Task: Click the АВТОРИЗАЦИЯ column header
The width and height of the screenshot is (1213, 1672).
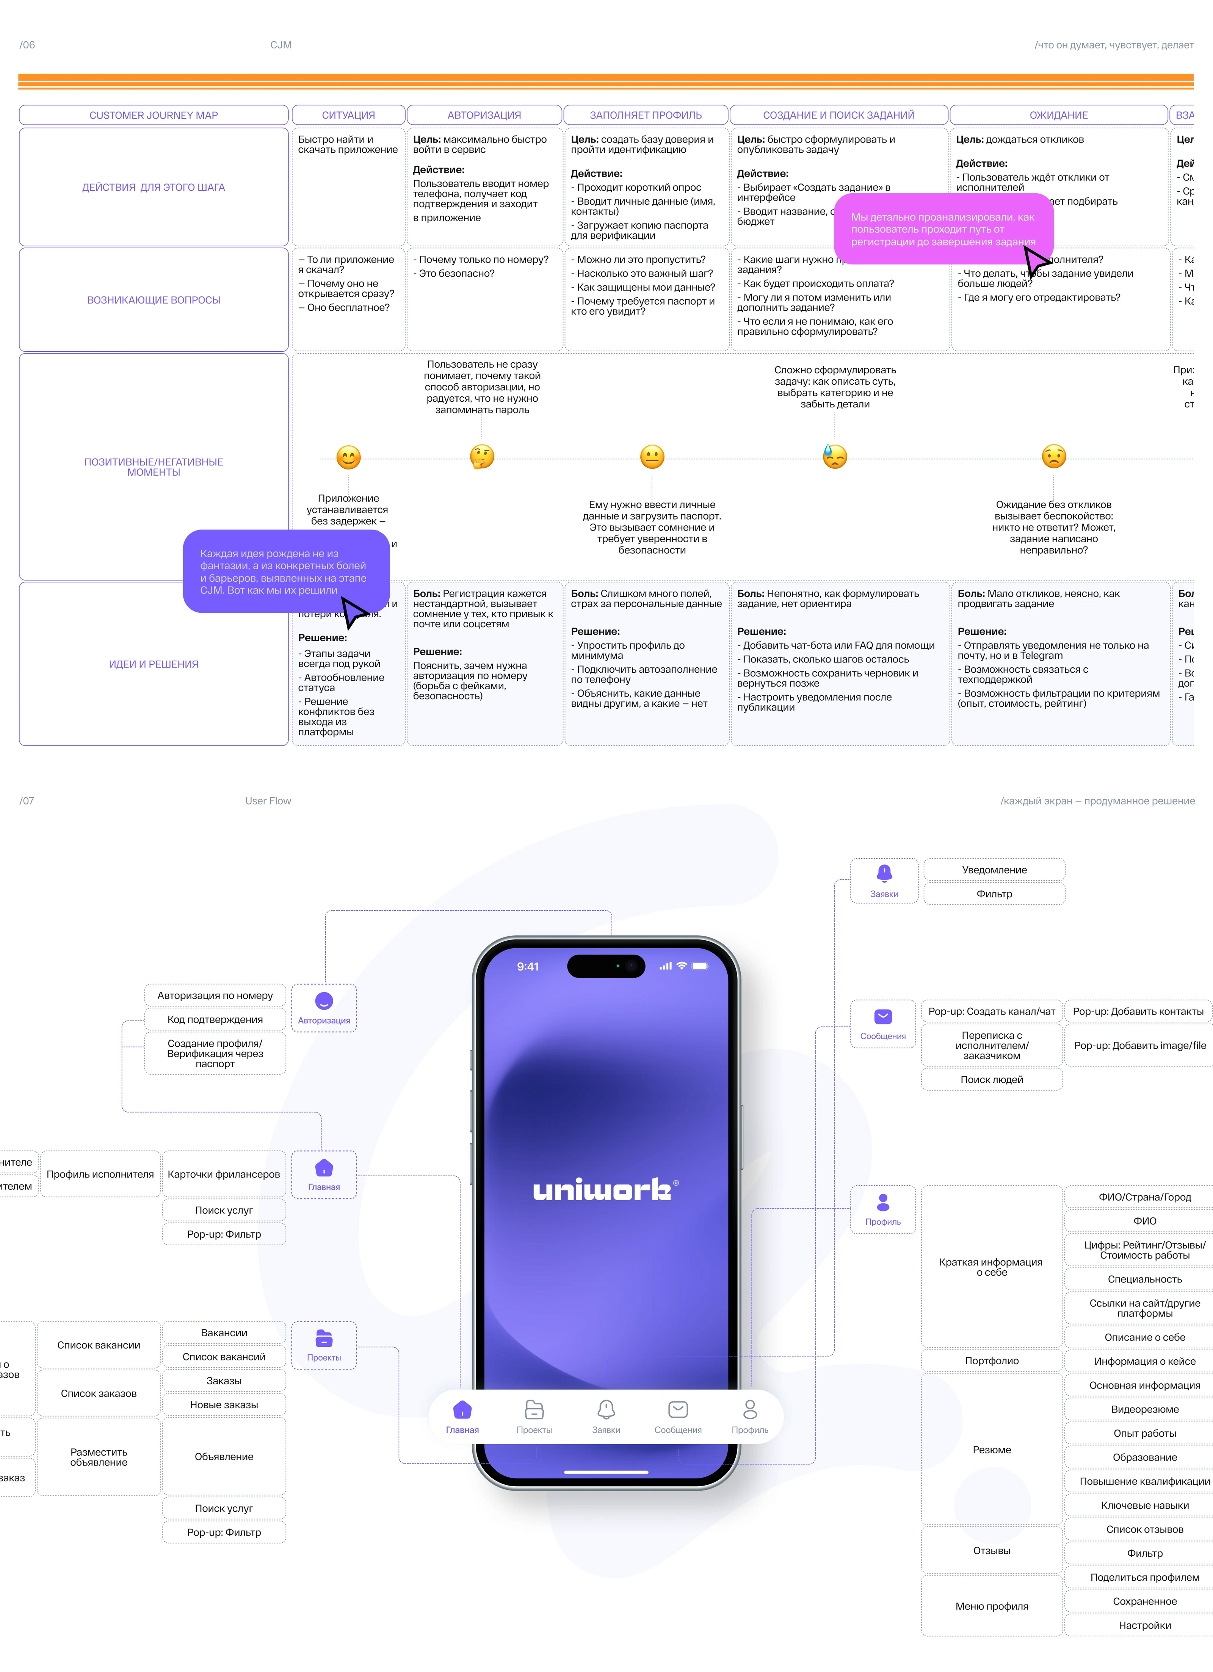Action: (484, 115)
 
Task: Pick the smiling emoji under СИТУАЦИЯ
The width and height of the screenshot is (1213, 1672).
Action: (348, 457)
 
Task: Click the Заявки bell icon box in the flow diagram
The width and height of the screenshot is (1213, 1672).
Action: (884, 880)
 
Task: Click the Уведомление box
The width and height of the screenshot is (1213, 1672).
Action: (994, 870)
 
